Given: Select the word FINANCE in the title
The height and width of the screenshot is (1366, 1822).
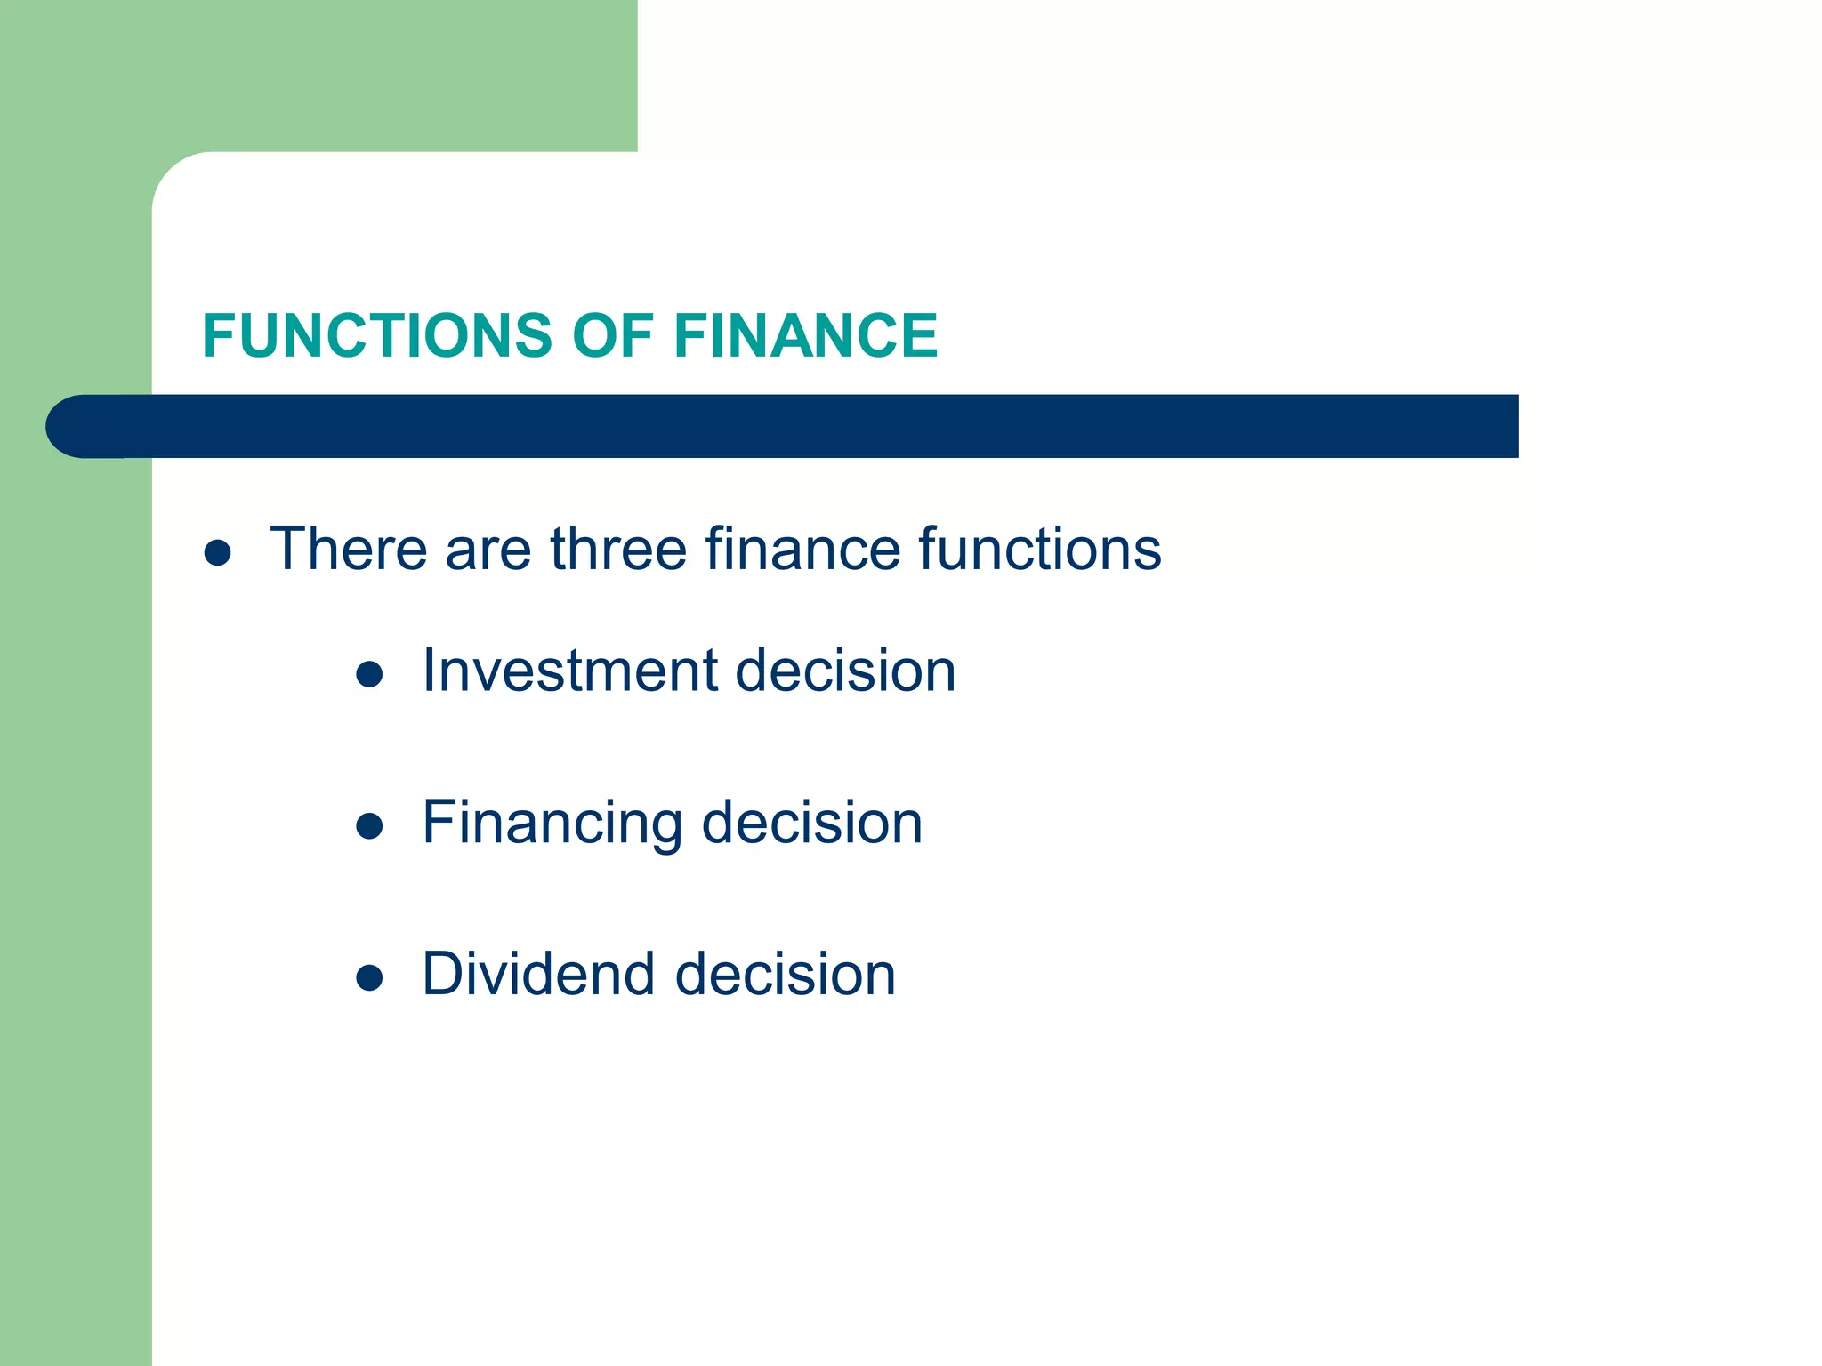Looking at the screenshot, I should tap(805, 336).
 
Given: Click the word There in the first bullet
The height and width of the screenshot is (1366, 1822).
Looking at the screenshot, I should tap(348, 549).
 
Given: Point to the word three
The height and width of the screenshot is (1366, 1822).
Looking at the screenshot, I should tap(619, 549).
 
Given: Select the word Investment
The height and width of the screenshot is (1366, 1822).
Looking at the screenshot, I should tap(569, 671).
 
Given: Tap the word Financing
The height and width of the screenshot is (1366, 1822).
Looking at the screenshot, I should tap(552, 824).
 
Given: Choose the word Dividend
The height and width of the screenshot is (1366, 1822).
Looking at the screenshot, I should tap(539, 975).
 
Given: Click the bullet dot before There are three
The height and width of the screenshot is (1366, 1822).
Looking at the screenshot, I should tap(218, 553).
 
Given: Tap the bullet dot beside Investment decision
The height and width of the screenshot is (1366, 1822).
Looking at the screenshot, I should tap(369, 675).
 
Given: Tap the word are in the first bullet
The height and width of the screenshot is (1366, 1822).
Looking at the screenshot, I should tap(488, 550).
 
